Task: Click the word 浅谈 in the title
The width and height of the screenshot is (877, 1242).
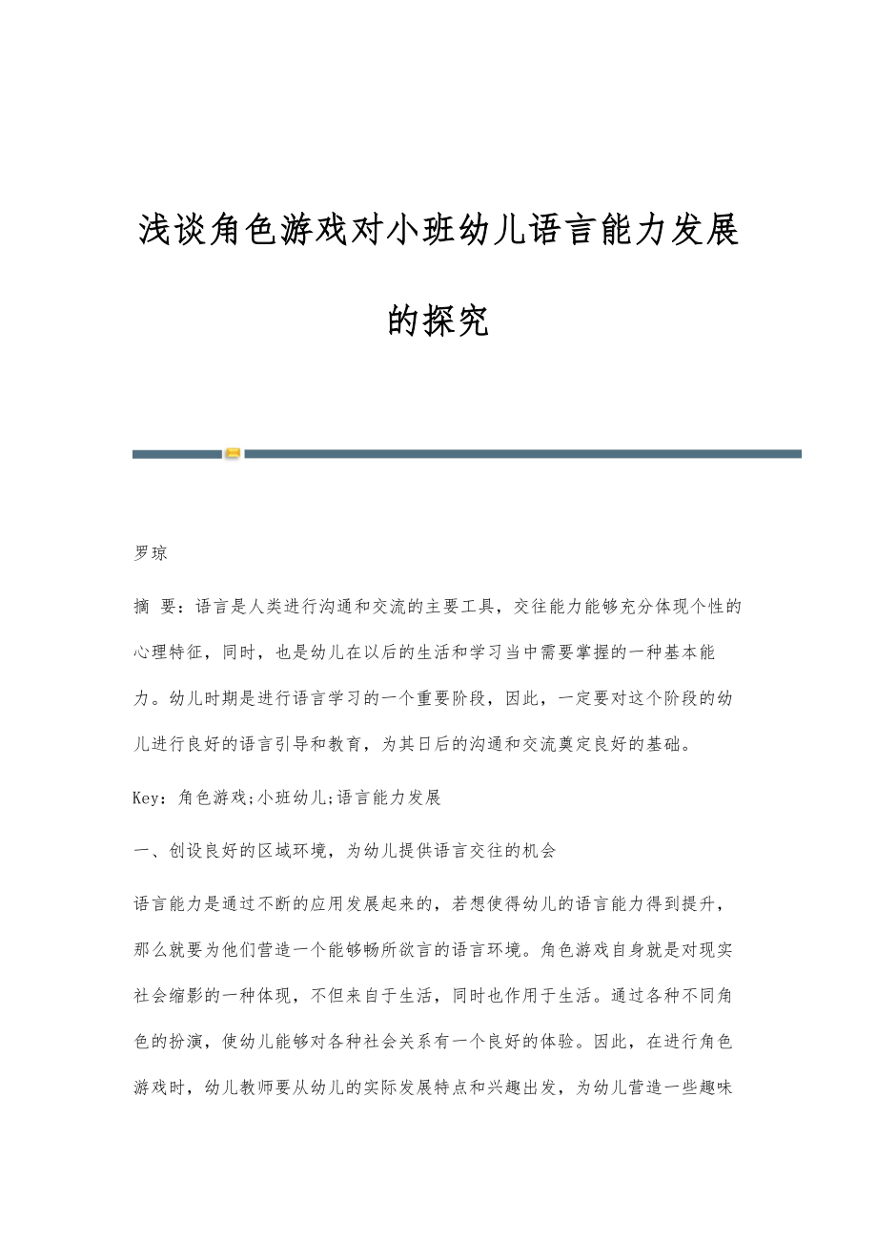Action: pyautogui.click(x=171, y=230)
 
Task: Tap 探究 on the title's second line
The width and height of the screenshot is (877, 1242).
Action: pyautogui.click(x=457, y=321)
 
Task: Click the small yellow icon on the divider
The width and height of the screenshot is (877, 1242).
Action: pyautogui.click(x=233, y=454)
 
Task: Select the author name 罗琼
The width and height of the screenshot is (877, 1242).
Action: pyautogui.click(x=151, y=553)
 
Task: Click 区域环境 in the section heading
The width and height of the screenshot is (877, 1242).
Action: pyautogui.click(x=283, y=850)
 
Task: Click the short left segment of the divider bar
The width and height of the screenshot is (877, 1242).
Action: pyautogui.click(x=176, y=454)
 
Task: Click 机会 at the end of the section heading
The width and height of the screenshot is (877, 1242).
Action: pyautogui.click(x=538, y=850)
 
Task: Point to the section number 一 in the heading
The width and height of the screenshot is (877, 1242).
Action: pyautogui.click(x=140, y=850)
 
